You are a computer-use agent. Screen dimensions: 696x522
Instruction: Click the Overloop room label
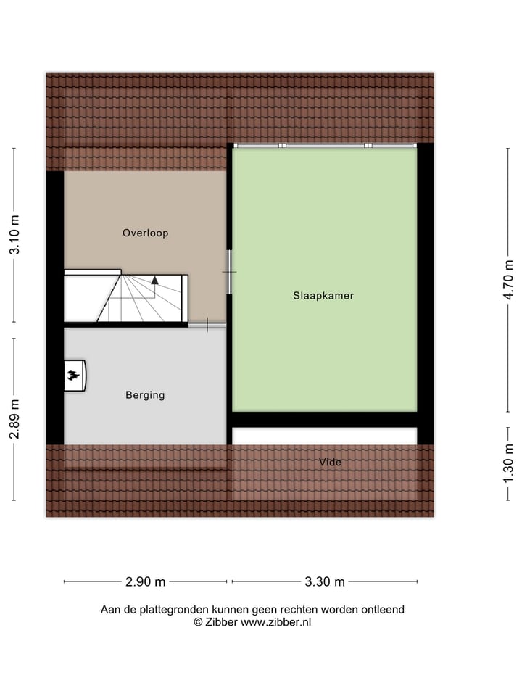coord(145,233)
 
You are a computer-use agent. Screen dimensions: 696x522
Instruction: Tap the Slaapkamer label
coord(323,296)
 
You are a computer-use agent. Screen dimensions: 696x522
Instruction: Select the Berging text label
coord(145,395)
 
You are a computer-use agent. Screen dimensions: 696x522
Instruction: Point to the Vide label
coord(330,462)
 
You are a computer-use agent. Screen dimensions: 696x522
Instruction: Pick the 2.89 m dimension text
coord(14,420)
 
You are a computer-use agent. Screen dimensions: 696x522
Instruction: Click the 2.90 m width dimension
coord(146,581)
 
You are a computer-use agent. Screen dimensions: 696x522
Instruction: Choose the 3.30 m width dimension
coord(324,581)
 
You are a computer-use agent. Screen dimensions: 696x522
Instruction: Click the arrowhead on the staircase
coord(154,280)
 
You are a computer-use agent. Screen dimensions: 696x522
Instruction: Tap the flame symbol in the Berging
coord(74,376)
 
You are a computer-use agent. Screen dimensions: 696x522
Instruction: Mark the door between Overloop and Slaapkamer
coord(229,272)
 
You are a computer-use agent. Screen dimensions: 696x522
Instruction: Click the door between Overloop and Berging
coord(207,324)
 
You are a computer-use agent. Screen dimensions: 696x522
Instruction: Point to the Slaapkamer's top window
coord(325,146)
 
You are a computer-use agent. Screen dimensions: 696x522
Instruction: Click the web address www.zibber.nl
coord(275,622)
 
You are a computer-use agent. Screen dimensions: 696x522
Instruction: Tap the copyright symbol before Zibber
coord(198,622)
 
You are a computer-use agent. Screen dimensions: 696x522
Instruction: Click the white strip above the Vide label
coord(324,436)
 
